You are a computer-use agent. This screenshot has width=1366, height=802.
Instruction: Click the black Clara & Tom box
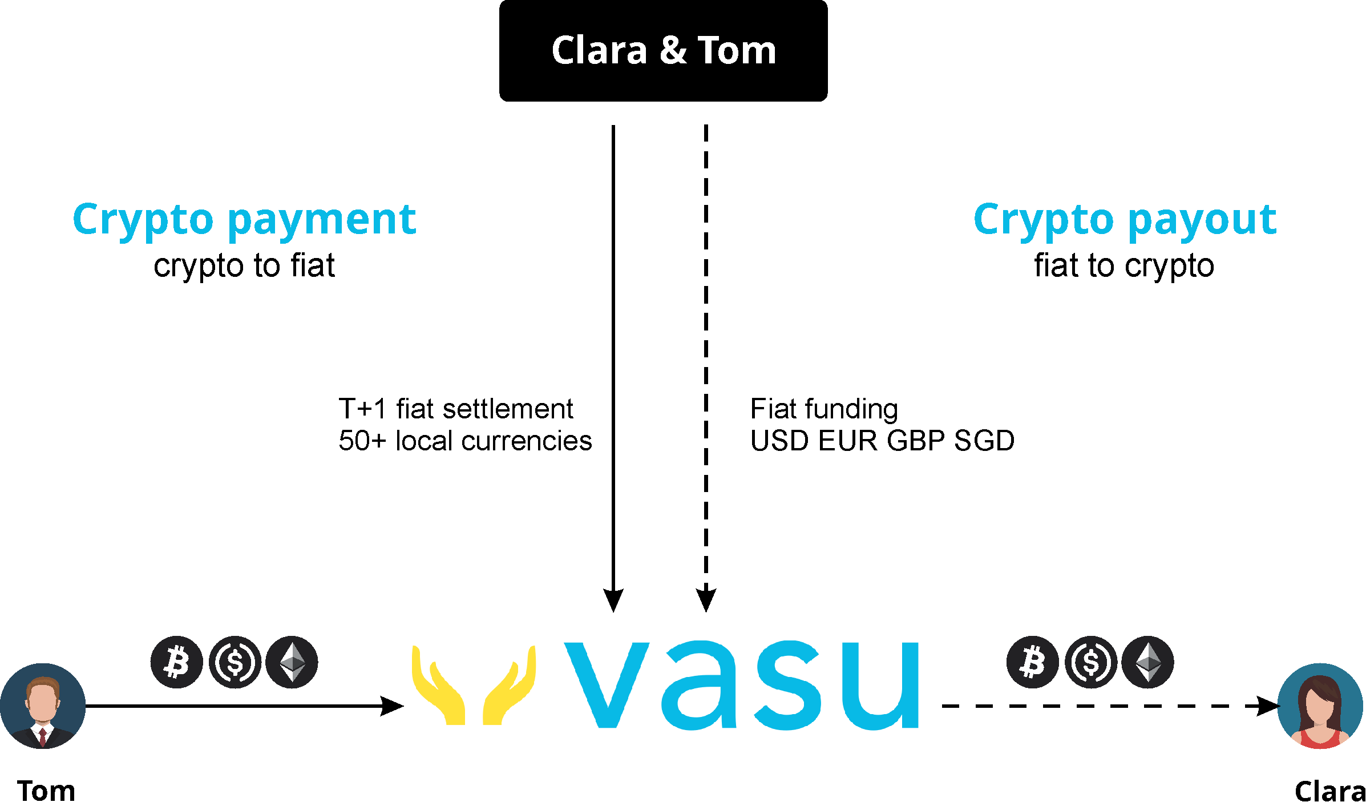tap(663, 51)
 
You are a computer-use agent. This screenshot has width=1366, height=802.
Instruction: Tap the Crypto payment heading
tap(244, 220)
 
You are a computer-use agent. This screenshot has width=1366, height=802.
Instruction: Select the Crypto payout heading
tap(1125, 220)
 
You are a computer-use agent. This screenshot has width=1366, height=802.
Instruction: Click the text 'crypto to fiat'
tap(244, 266)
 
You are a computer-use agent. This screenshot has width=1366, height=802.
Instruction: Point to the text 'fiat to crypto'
tap(1124, 266)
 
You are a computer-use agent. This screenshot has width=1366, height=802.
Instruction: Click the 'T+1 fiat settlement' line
tap(456, 409)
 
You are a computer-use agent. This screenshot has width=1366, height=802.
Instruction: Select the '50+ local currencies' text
tap(465, 441)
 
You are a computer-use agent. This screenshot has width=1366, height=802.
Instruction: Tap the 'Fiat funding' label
tap(824, 409)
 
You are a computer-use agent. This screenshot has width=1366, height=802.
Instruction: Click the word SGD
tap(984, 441)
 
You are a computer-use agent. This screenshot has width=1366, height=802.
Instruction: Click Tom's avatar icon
tap(43, 706)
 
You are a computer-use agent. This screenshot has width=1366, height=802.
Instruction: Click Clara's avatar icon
tap(1320, 706)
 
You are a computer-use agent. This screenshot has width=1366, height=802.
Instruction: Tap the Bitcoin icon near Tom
tap(176, 662)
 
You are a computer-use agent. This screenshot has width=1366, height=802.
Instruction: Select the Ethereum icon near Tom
tap(292, 662)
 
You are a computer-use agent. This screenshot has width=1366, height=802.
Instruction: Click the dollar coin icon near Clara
tap(1090, 662)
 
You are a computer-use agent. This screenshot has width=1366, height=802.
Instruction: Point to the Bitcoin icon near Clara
tap(1032, 662)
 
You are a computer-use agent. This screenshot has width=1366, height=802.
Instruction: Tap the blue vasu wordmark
tap(741, 685)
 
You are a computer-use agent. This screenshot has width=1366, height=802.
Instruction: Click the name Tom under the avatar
tap(46, 791)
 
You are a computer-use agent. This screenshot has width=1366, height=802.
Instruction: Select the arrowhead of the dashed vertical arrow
tap(706, 600)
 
